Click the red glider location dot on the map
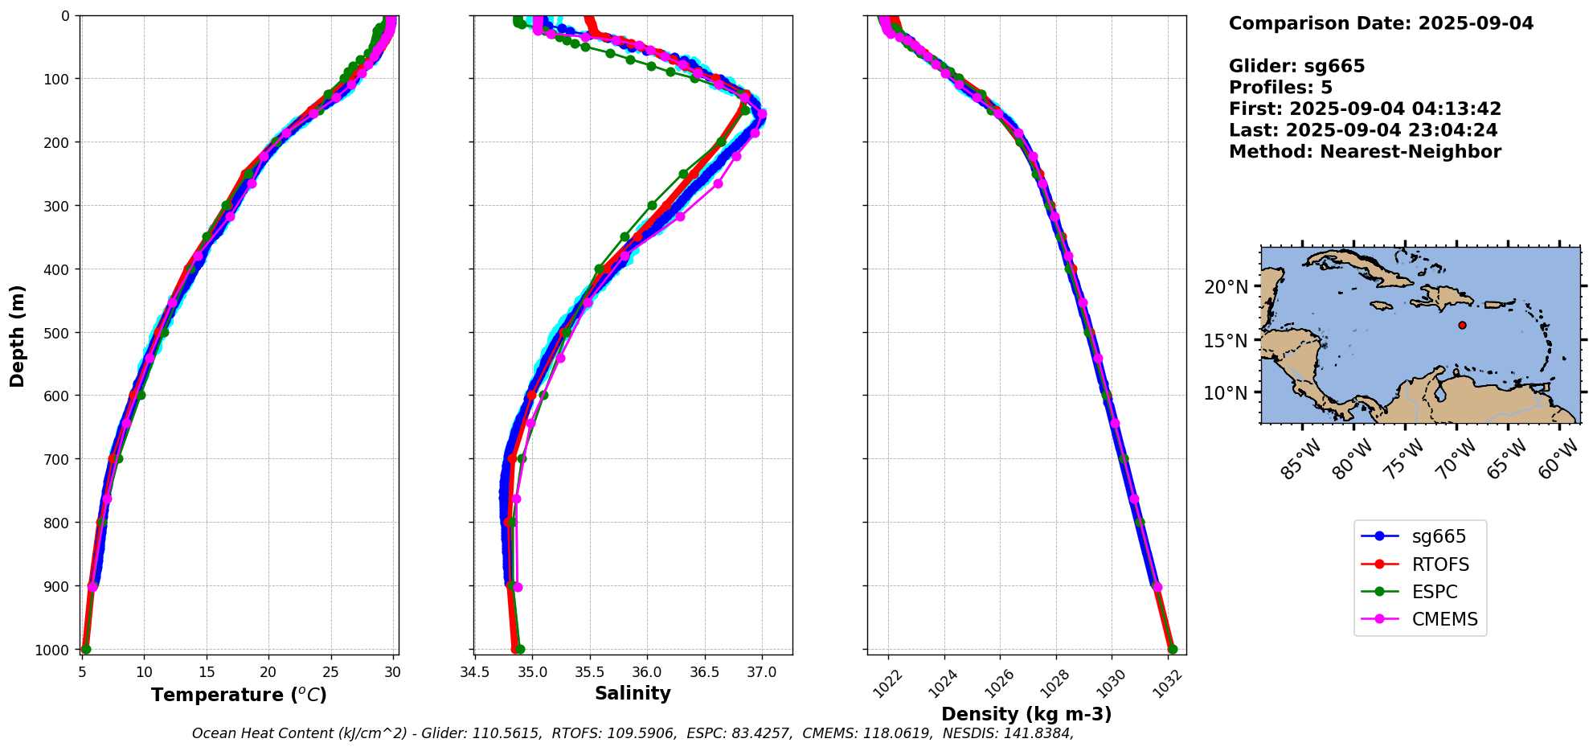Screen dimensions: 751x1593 (1462, 326)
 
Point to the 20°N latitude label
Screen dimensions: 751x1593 (1226, 287)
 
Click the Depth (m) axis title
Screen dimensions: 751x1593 (18, 335)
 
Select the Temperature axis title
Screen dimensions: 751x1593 (239, 695)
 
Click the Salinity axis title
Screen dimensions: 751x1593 (633, 693)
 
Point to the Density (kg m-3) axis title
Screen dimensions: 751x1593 (1026, 714)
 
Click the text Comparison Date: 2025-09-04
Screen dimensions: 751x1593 (1381, 23)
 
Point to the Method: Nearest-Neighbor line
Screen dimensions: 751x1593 (1365, 151)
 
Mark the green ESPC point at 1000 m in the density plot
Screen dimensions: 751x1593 (1172, 649)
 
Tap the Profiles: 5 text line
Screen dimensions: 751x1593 (1280, 88)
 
